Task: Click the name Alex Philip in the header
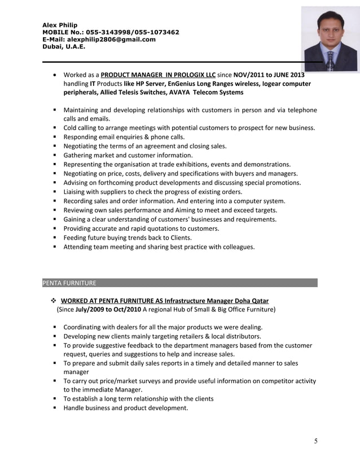60,25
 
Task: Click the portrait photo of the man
330,39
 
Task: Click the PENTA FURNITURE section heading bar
179,283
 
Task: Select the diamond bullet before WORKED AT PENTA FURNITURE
54,301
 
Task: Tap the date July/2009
90,309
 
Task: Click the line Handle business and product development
125,408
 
